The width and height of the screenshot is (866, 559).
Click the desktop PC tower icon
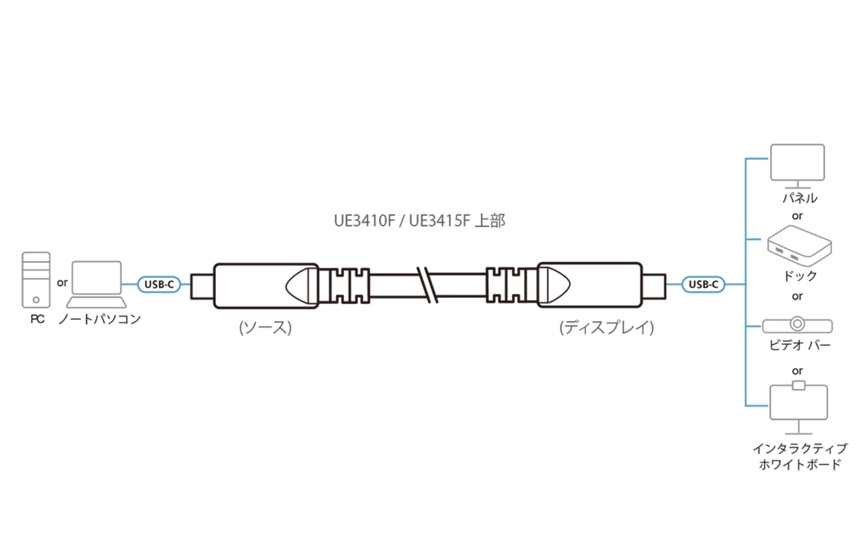(36, 280)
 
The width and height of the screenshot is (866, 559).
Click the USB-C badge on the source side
(159, 284)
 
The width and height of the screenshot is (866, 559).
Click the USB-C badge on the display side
(703, 284)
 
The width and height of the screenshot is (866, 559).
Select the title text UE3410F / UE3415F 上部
(419, 221)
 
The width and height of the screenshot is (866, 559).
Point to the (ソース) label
(265, 327)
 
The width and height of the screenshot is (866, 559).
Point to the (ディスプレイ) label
(606, 327)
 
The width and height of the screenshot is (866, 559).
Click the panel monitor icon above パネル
(797, 163)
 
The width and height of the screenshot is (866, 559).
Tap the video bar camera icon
(797, 325)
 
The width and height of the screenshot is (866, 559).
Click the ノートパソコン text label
(100, 319)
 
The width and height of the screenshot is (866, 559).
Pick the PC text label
(37, 319)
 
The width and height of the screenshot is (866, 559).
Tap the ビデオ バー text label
(799, 345)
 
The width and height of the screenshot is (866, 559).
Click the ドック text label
(799, 276)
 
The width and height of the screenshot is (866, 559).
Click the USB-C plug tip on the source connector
(202, 286)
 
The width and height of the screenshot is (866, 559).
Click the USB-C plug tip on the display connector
(654, 286)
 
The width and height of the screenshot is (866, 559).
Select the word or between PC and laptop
(62, 282)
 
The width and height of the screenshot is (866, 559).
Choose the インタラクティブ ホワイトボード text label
(799, 456)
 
